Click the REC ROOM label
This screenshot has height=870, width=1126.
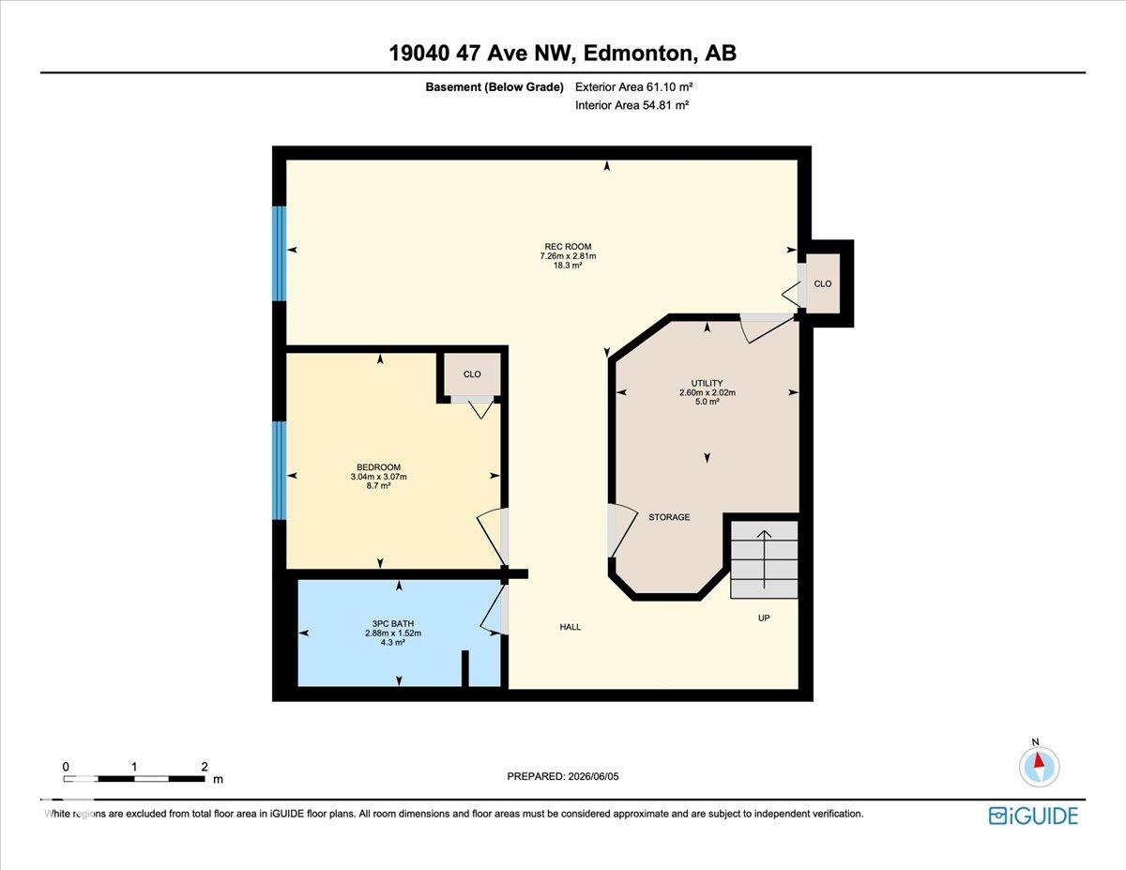[x=568, y=247]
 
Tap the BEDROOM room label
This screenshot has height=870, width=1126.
[x=378, y=467]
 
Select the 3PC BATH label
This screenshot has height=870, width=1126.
[x=393, y=624]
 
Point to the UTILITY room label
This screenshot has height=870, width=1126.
[x=707, y=383]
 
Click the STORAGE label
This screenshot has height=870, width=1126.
[x=669, y=517]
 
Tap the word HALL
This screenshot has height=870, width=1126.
[x=570, y=627]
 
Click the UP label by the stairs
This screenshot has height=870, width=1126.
[x=764, y=618]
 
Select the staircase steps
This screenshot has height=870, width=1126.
[x=765, y=559]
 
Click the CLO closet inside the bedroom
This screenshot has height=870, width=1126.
[x=472, y=374]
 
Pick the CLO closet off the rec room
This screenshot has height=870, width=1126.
[x=823, y=283]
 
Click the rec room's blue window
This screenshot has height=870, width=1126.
[x=280, y=253]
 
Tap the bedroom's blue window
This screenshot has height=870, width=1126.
[x=280, y=470]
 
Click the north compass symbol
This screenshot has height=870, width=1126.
[x=1039, y=767]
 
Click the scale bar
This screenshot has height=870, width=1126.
[x=133, y=778]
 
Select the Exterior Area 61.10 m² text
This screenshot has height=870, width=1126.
[x=633, y=86]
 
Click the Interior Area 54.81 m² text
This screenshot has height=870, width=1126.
[x=631, y=105]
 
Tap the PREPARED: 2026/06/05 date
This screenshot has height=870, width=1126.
[x=563, y=776]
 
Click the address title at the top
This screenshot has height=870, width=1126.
[x=563, y=53]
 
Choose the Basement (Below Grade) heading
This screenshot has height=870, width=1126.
[x=495, y=87]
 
